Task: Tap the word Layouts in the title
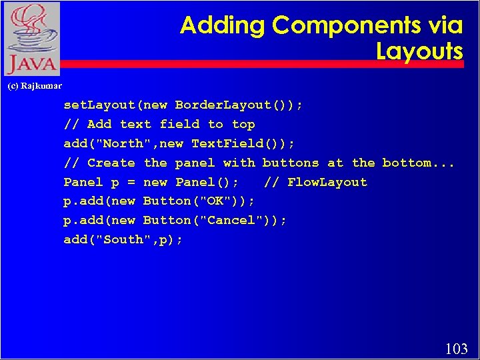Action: click(x=419, y=51)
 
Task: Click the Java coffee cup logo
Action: click(x=31, y=39)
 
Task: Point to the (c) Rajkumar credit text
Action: click(x=34, y=85)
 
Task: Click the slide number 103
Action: click(x=456, y=348)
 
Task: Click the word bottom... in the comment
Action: click(x=418, y=163)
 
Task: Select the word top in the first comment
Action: click(x=243, y=125)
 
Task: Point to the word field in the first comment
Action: click(x=179, y=125)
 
